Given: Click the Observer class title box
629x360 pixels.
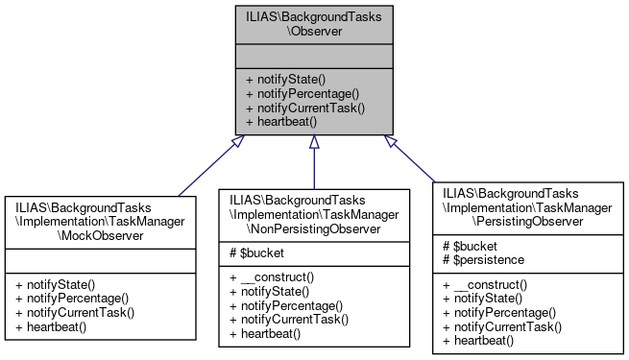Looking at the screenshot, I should (x=314, y=25).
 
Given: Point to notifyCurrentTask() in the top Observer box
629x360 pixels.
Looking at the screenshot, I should (x=304, y=108).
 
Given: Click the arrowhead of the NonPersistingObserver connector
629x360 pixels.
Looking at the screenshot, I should (x=314, y=141).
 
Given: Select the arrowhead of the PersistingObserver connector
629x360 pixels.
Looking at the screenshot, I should (x=391, y=141).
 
